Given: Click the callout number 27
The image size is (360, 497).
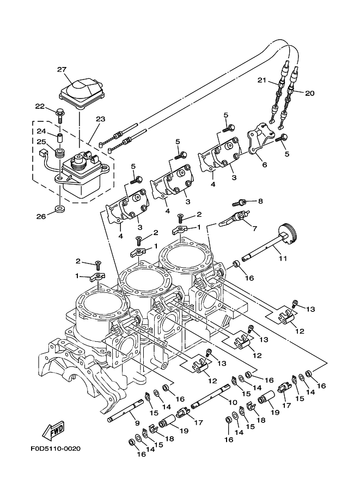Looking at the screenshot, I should click(x=62, y=69).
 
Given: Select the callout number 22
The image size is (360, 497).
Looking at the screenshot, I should click(x=40, y=106).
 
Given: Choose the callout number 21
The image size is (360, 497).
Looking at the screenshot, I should click(x=261, y=81).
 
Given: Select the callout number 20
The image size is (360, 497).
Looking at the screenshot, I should click(x=309, y=93).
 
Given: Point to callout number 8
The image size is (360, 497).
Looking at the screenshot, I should click(x=260, y=201).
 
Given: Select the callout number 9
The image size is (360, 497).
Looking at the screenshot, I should click(x=136, y=423).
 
